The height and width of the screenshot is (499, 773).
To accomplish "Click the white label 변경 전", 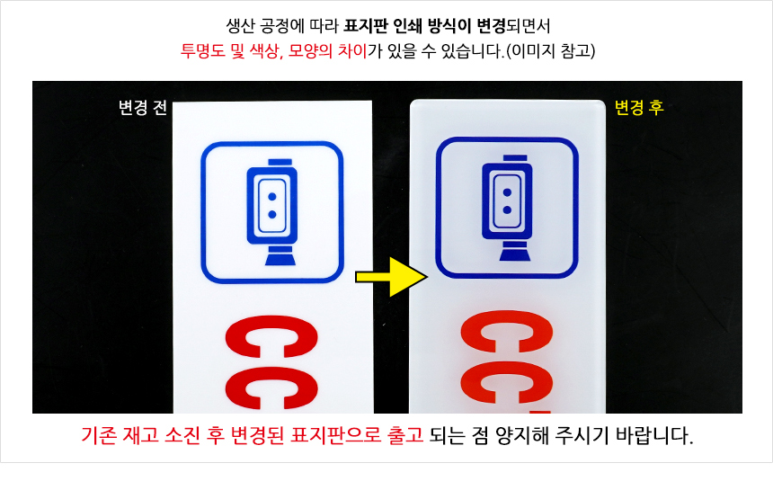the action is click(x=143, y=108).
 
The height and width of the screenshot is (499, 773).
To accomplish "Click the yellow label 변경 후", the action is click(x=639, y=108).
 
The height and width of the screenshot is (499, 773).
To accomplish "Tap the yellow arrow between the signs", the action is click(x=391, y=277).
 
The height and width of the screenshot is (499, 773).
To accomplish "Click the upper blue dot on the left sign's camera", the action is click(x=271, y=197).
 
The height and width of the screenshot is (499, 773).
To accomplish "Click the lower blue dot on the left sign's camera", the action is click(x=271, y=215).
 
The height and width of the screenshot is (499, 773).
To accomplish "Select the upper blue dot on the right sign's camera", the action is click(x=507, y=192).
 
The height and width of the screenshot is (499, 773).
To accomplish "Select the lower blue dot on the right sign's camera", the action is click(x=507, y=210).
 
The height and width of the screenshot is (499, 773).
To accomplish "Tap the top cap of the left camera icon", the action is click(x=280, y=162).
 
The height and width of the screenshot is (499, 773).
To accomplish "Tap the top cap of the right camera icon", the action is click(x=515, y=157).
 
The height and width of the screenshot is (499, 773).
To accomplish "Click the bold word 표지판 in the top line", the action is click(x=366, y=26).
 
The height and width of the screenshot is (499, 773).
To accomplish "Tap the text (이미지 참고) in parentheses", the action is click(x=551, y=50).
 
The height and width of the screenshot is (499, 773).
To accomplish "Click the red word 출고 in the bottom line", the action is click(x=405, y=435).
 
